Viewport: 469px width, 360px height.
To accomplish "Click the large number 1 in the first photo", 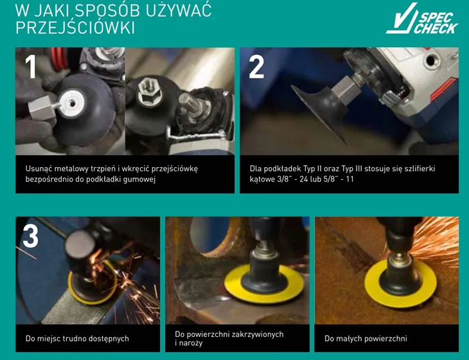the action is coord(31,67).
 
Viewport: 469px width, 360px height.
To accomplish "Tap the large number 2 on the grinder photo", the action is coord(256,67).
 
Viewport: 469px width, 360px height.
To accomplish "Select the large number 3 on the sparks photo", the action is coord(31,236).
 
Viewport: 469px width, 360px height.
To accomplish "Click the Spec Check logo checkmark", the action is coord(402,18).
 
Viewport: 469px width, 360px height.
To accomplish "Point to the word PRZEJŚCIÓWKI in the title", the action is coord(75,28).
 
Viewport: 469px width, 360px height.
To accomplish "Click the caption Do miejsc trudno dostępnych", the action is coord(77,339).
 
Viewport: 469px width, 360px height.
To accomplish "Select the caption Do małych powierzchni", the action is coord(366,339).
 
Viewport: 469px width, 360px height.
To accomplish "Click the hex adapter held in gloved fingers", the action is coord(42,108).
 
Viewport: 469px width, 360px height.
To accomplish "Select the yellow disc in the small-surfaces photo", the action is coord(400,293).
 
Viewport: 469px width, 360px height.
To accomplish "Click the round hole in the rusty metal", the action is coord(209,237).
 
